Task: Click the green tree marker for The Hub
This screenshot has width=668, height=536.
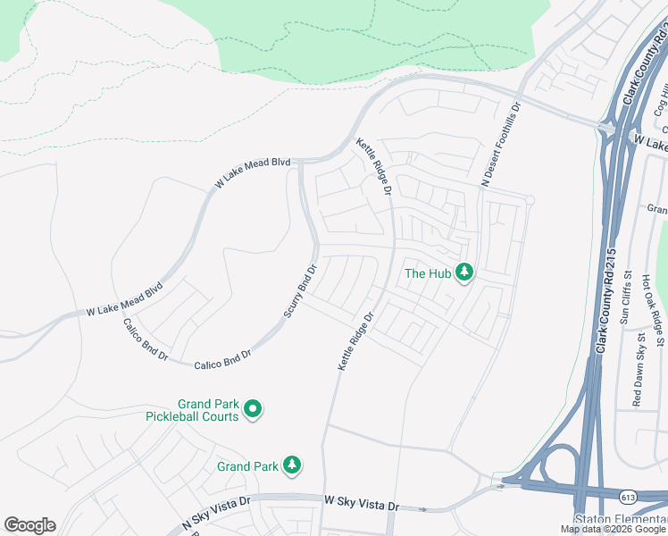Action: pos(463,272)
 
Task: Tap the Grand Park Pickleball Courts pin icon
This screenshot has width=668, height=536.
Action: pos(253,410)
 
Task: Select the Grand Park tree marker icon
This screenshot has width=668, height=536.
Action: pos(291,465)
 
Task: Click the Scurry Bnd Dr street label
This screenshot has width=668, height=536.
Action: pos(301,290)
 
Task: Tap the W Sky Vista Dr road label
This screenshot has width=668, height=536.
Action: pos(361,505)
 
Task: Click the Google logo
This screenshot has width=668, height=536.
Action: pos(29,525)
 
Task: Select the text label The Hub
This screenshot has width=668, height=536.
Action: pos(428,273)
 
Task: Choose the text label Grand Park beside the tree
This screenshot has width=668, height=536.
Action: pos(247,466)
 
